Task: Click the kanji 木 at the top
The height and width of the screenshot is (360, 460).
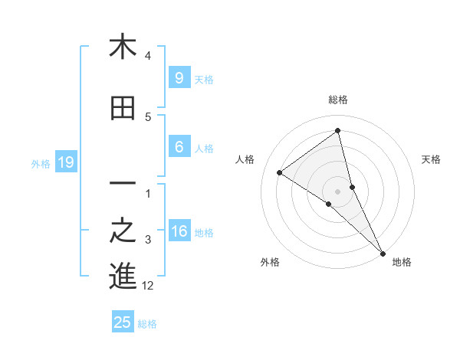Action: pos(123,47)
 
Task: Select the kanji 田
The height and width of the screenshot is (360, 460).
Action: pos(123,109)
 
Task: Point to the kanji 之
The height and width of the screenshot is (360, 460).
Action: pos(123,231)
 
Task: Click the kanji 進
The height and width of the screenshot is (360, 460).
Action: pos(123,276)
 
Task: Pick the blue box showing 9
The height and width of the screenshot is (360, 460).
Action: pos(179,77)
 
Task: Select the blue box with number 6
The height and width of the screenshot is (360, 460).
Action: pos(179,147)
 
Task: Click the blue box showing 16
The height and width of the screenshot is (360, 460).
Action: pos(179,231)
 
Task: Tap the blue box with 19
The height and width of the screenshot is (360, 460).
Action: pos(66,162)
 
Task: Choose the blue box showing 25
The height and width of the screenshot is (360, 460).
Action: pos(123,322)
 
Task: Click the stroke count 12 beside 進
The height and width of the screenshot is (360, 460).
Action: pos(148,286)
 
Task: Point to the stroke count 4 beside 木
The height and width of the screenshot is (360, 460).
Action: pos(148,56)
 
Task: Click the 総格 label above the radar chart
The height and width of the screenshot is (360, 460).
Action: pos(338,100)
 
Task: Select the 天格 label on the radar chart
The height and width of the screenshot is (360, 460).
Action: pos(431,159)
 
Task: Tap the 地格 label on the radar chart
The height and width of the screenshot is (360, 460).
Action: pos(402,262)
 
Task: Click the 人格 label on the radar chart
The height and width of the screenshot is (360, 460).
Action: pos(245,159)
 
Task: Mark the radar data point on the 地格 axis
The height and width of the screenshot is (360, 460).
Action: pos(382,252)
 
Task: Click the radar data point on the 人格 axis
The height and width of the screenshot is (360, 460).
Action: pos(280,172)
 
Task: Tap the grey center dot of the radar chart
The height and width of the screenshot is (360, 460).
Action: pos(338,191)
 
